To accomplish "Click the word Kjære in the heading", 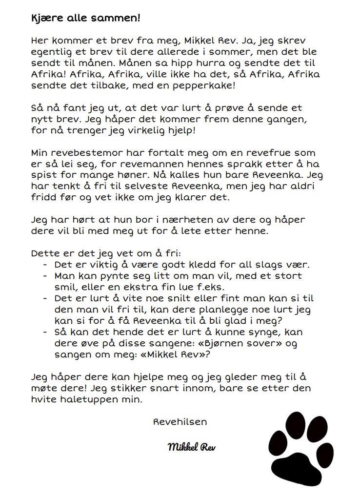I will click(45, 18).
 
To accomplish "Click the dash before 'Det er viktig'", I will click(45, 265).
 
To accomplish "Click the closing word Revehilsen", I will click(180, 422).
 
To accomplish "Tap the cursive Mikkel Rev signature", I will click(191, 447).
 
